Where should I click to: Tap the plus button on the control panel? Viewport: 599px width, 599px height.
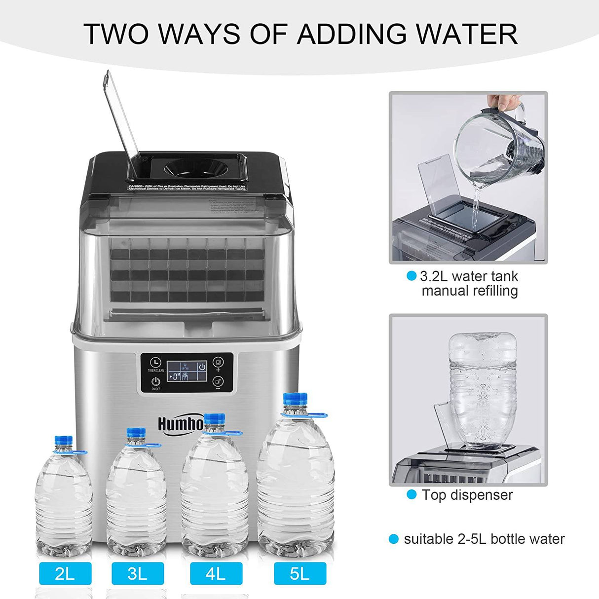tap(218, 365)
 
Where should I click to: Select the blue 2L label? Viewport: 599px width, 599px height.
tap(66, 573)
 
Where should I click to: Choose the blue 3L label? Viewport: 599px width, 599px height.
tap(138, 573)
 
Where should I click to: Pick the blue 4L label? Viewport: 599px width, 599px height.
tap(216, 573)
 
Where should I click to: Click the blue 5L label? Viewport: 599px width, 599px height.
tap(299, 573)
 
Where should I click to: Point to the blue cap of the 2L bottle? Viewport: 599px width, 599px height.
tap(63, 441)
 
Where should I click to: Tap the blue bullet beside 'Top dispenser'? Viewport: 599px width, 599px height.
tap(412, 494)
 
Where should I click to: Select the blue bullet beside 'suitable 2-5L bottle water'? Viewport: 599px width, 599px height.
tap(394, 539)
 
